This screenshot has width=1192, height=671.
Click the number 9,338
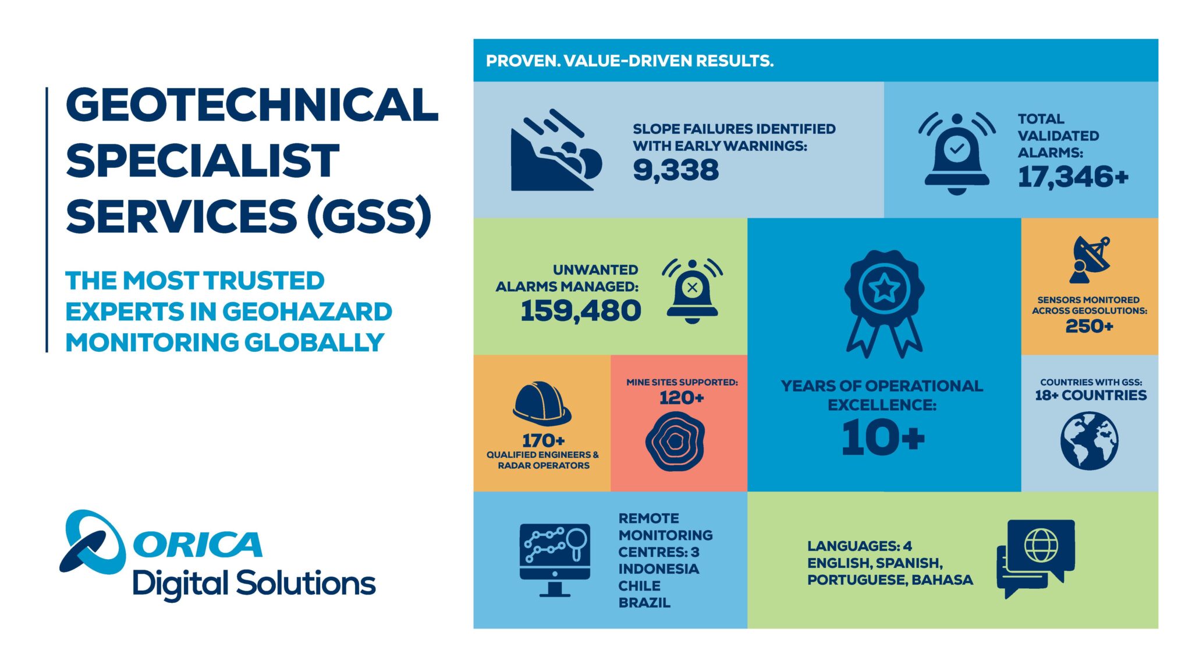pyautogui.click(x=676, y=170)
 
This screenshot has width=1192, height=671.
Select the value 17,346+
pyautogui.click(x=1073, y=176)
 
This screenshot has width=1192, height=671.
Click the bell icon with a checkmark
pyautogui.click(x=956, y=154)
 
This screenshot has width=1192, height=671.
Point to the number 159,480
pyautogui.click(x=580, y=310)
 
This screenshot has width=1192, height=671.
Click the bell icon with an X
pyautogui.click(x=692, y=291)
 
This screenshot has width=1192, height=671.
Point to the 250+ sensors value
pyautogui.click(x=1089, y=326)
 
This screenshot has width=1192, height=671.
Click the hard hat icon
pyautogui.click(x=542, y=402)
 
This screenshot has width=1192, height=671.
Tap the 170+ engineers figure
pyautogui.click(x=543, y=440)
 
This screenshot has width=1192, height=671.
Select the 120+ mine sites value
pyautogui.click(x=682, y=398)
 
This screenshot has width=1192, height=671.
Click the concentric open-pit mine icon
pyautogui.click(x=675, y=442)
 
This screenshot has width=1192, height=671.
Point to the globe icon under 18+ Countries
pyautogui.click(x=1089, y=441)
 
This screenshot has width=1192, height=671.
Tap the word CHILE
pyautogui.click(x=639, y=586)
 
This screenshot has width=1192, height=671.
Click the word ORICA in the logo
pyautogui.click(x=198, y=545)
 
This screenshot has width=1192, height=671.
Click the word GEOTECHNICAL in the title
pyautogui.click(x=251, y=105)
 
